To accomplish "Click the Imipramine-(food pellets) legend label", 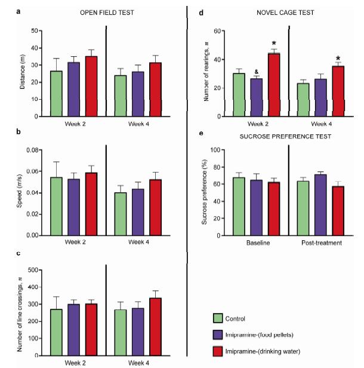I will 263,335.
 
